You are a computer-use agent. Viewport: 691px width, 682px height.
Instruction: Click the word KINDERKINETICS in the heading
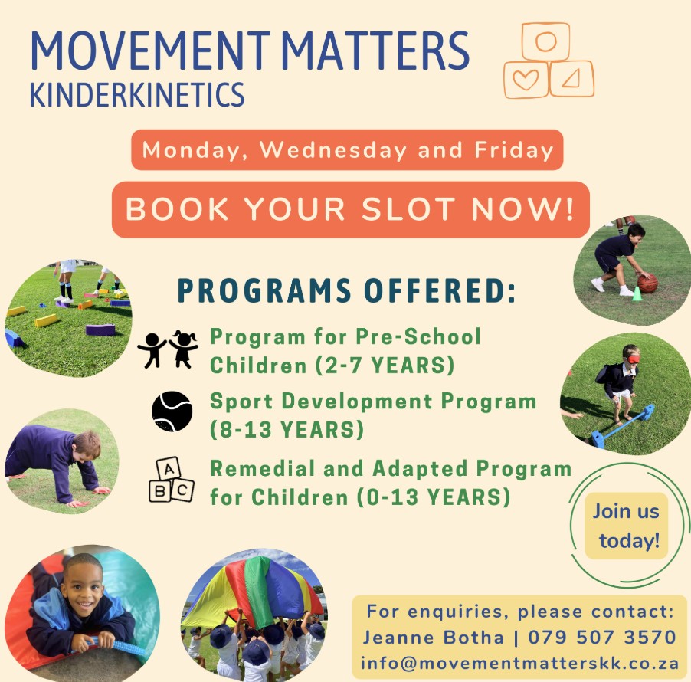pos(137,95)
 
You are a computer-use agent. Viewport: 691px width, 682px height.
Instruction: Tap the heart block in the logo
pos(526,80)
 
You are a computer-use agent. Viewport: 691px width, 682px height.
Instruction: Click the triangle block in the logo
pos(571,78)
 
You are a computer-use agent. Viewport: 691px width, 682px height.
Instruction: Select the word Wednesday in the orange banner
pos(333,150)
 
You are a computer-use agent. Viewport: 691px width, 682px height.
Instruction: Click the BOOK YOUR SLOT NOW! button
pos(351,209)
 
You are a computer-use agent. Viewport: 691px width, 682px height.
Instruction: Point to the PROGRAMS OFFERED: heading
pos(346,290)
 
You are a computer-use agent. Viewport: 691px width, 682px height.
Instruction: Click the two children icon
pos(168,349)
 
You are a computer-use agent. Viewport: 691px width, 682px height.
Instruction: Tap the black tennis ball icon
pos(172,411)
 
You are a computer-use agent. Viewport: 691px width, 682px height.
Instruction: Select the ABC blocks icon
pos(171,480)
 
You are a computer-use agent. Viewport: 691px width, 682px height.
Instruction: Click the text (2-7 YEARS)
pos(385,366)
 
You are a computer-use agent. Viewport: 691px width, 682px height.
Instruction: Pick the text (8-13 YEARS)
pos(287,429)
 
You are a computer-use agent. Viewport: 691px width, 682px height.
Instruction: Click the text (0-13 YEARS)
pos(433,497)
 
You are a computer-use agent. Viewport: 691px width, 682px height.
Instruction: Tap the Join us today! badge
pos(626,526)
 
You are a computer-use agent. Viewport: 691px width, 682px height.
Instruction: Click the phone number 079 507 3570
pos(602,637)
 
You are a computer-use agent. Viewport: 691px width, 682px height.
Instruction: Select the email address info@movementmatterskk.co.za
pos(519,663)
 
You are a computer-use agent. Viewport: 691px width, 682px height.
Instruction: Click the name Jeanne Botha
pos(433,638)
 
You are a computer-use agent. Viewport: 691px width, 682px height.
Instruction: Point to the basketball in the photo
pos(647,283)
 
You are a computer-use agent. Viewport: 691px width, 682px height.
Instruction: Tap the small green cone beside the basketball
pos(637,293)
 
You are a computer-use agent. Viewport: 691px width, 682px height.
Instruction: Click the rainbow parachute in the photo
pos(251,591)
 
